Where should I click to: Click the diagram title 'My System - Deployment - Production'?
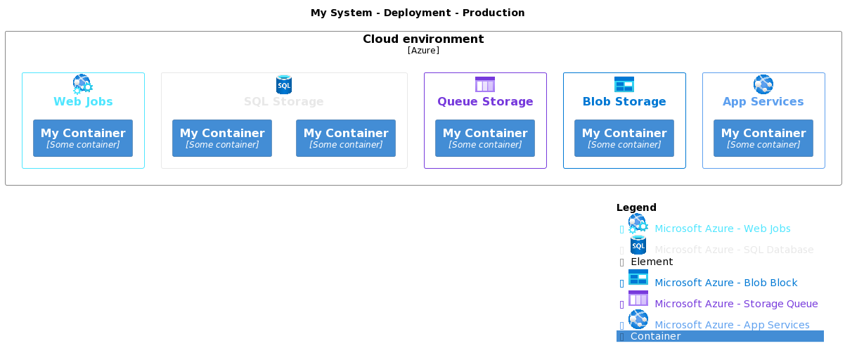(x=418, y=13)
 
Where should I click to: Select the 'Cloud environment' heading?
(x=423, y=39)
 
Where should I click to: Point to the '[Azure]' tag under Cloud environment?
(x=423, y=51)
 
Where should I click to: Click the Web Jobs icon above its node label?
(x=82, y=84)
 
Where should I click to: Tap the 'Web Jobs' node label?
(x=83, y=102)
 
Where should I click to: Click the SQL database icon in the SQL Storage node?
(x=284, y=84)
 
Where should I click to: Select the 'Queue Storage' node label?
(x=485, y=102)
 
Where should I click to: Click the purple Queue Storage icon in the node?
(x=485, y=84)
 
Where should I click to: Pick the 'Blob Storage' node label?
(x=624, y=102)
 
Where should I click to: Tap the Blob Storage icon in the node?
(x=624, y=84)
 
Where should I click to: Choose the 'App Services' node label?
(x=763, y=102)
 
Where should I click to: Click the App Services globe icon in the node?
(x=763, y=84)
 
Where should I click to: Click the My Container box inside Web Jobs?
(x=83, y=138)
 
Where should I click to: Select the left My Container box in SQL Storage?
(x=222, y=138)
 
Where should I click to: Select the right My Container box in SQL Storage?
(x=346, y=138)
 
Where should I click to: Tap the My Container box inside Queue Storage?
(x=485, y=138)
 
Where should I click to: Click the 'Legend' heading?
(x=636, y=207)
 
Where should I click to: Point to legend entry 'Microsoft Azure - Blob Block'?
(x=725, y=283)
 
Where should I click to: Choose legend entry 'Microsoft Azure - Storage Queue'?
(x=736, y=304)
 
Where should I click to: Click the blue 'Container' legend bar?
(x=720, y=336)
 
